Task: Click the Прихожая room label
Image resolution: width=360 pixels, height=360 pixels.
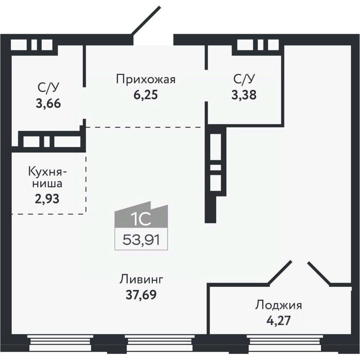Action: pyautogui.click(x=145, y=79)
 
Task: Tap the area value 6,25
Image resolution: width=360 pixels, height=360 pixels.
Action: pyautogui.click(x=145, y=94)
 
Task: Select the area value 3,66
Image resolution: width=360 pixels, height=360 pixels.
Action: pyautogui.click(x=48, y=103)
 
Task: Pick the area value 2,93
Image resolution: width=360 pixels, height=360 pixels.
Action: pyautogui.click(x=48, y=198)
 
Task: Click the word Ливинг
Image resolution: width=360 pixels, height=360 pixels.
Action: pyautogui.click(x=142, y=279)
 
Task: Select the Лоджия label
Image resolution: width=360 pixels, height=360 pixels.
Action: pyautogui.click(x=278, y=305)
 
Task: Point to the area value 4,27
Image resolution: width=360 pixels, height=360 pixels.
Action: pyautogui.click(x=278, y=321)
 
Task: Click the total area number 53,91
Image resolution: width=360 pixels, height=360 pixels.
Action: pyautogui.click(x=141, y=239)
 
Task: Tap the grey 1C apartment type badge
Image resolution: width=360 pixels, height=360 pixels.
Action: pyautogui.click(x=141, y=217)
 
